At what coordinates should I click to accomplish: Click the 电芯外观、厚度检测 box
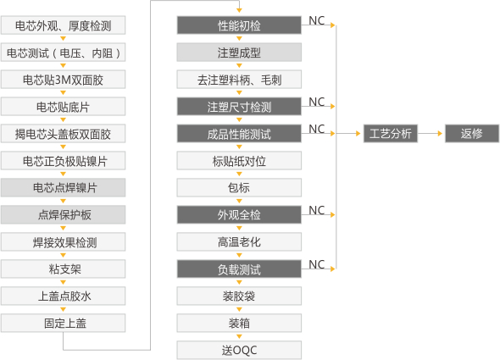(x=64, y=25)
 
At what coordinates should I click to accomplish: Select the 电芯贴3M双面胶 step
(x=64, y=80)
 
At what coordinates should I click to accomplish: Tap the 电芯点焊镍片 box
(x=64, y=187)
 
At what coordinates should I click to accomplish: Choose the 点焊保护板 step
(x=64, y=214)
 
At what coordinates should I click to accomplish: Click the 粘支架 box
(x=64, y=269)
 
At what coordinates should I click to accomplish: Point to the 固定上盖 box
(x=64, y=323)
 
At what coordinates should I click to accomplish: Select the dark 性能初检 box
(x=239, y=25)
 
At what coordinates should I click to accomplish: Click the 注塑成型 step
(x=239, y=53)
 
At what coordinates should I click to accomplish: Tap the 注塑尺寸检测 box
(x=239, y=107)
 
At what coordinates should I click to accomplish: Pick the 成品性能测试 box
(x=239, y=134)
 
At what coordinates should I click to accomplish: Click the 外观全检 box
(x=239, y=214)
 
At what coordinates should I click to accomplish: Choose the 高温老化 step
(x=239, y=241)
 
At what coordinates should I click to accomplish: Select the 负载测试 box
(x=239, y=269)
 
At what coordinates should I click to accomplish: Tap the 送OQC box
(x=239, y=350)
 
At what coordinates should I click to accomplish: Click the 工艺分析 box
(x=391, y=134)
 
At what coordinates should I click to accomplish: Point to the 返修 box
(x=471, y=134)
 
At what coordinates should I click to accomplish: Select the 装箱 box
(x=239, y=323)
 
